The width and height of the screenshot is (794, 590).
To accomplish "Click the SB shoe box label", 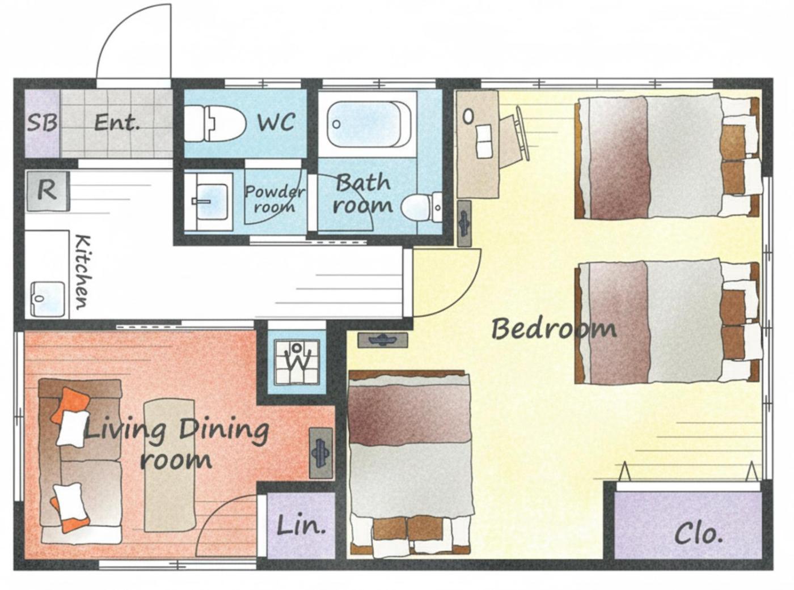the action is (x=42, y=123).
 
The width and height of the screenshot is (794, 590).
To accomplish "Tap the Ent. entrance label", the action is (x=117, y=123).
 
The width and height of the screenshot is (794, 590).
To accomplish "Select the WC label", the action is (x=276, y=122).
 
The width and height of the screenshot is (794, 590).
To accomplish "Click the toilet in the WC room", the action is (x=215, y=123).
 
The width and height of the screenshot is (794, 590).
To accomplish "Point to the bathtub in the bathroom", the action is (x=369, y=124).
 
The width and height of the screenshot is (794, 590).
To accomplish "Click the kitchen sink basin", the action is (x=48, y=299).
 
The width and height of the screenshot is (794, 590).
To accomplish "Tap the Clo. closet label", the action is (x=698, y=534).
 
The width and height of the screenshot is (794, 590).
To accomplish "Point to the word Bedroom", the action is (x=554, y=329).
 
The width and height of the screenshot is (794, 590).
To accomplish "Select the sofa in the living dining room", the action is (x=80, y=461).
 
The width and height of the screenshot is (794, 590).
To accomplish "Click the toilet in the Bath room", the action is (x=421, y=207).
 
